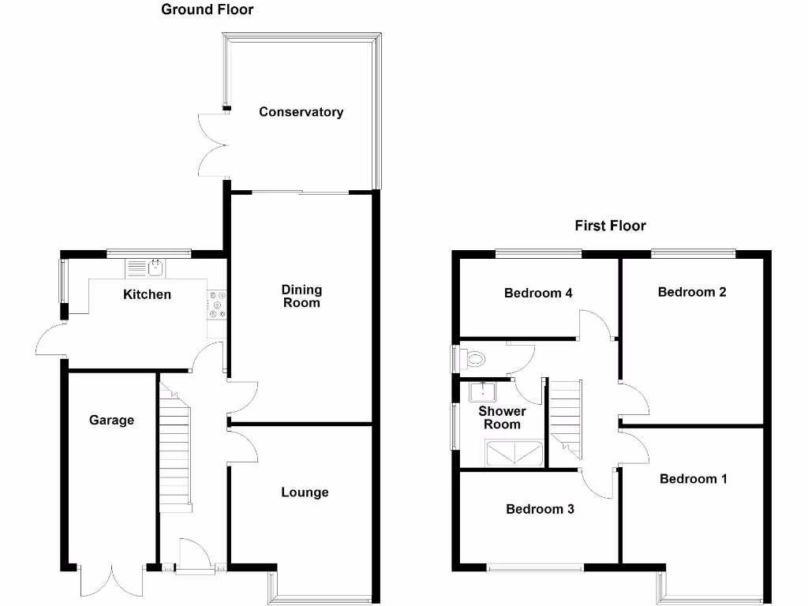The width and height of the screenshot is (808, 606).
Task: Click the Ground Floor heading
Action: coord(207,9)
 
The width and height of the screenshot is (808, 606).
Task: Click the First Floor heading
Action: coord(610,226)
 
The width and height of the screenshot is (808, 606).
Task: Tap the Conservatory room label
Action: coord(301,112)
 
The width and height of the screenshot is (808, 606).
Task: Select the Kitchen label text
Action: coord(147,294)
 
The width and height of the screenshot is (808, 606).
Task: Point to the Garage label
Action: coord(111,421)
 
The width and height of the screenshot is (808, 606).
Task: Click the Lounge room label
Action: coord(305,492)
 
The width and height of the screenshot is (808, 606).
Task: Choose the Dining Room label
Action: coord(301,296)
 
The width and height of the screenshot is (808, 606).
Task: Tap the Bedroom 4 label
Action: coord(538,294)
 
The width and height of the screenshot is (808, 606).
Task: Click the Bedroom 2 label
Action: coord(692,292)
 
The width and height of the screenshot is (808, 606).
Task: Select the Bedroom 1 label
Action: coord(694,479)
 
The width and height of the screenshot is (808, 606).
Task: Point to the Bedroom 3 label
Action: coord(540,509)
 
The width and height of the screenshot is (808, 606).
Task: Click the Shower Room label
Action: coord(502,417)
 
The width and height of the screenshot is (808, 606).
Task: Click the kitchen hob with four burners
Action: coord(217,305)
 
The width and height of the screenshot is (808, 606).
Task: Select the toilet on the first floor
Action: coord(476,360)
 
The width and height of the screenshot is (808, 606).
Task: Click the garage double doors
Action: coord(111,582)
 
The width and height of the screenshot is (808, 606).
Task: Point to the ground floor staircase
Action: coord(176,446)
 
